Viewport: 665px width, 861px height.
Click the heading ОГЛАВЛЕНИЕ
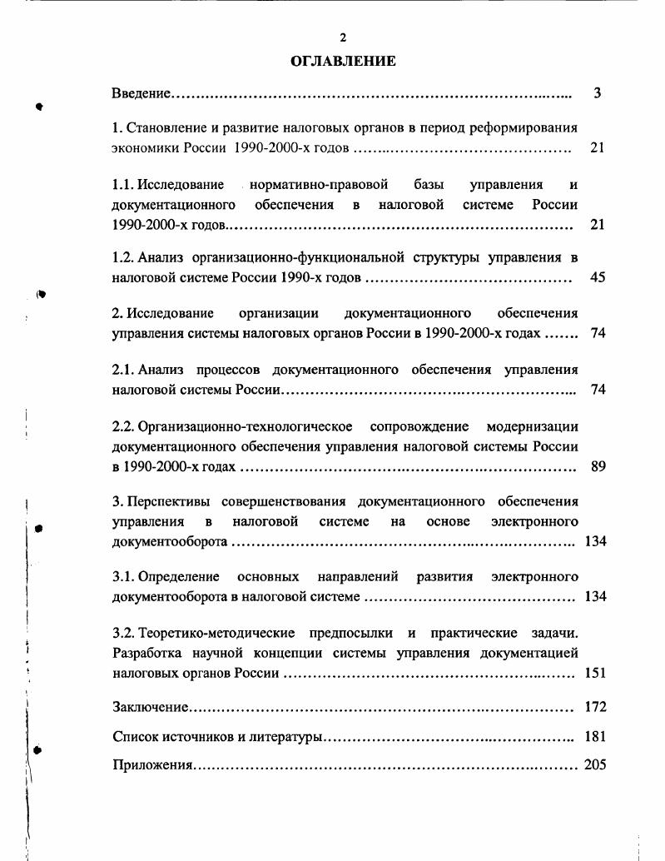click(x=342, y=61)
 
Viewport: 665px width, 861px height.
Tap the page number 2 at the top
click(x=342, y=37)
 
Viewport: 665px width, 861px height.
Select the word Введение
click(x=141, y=93)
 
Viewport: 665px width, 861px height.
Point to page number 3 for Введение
click(x=597, y=93)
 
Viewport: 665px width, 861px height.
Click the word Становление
click(x=164, y=129)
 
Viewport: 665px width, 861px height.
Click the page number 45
click(x=597, y=277)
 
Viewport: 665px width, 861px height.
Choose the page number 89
click(x=597, y=466)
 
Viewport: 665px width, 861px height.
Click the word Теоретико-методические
click(x=208, y=633)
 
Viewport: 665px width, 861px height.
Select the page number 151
click(x=595, y=673)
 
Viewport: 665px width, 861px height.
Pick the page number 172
click(x=595, y=707)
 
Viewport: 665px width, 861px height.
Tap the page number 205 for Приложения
click(x=595, y=764)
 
